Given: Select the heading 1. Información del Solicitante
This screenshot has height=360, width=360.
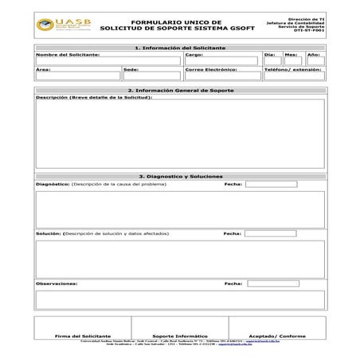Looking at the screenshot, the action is click(180, 48).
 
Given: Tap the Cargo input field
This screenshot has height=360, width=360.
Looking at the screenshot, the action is click(221, 61).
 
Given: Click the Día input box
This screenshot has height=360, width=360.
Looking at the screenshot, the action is click(272, 61).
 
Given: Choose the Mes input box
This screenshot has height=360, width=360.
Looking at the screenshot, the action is click(292, 61).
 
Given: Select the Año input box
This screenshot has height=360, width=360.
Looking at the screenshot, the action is click(315, 61).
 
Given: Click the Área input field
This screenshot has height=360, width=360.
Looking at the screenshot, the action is click(77, 76).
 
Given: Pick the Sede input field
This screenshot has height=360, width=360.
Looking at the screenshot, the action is click(152, 76).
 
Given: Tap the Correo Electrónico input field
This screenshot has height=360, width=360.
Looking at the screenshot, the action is click(222, 76).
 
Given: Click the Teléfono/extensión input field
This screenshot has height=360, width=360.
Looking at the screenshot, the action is click(294, 76).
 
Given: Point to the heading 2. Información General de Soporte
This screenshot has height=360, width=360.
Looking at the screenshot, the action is click(180, 91).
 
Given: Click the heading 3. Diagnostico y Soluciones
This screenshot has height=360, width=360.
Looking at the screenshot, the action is click(180, 176).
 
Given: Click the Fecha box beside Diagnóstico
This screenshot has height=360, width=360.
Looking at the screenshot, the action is click(271, 184).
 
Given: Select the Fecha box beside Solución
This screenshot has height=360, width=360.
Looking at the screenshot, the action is click(271, 233).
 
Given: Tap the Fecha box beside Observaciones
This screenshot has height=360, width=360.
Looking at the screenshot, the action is click(271, 283).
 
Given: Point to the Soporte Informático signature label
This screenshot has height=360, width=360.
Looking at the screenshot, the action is click(179, 336).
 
